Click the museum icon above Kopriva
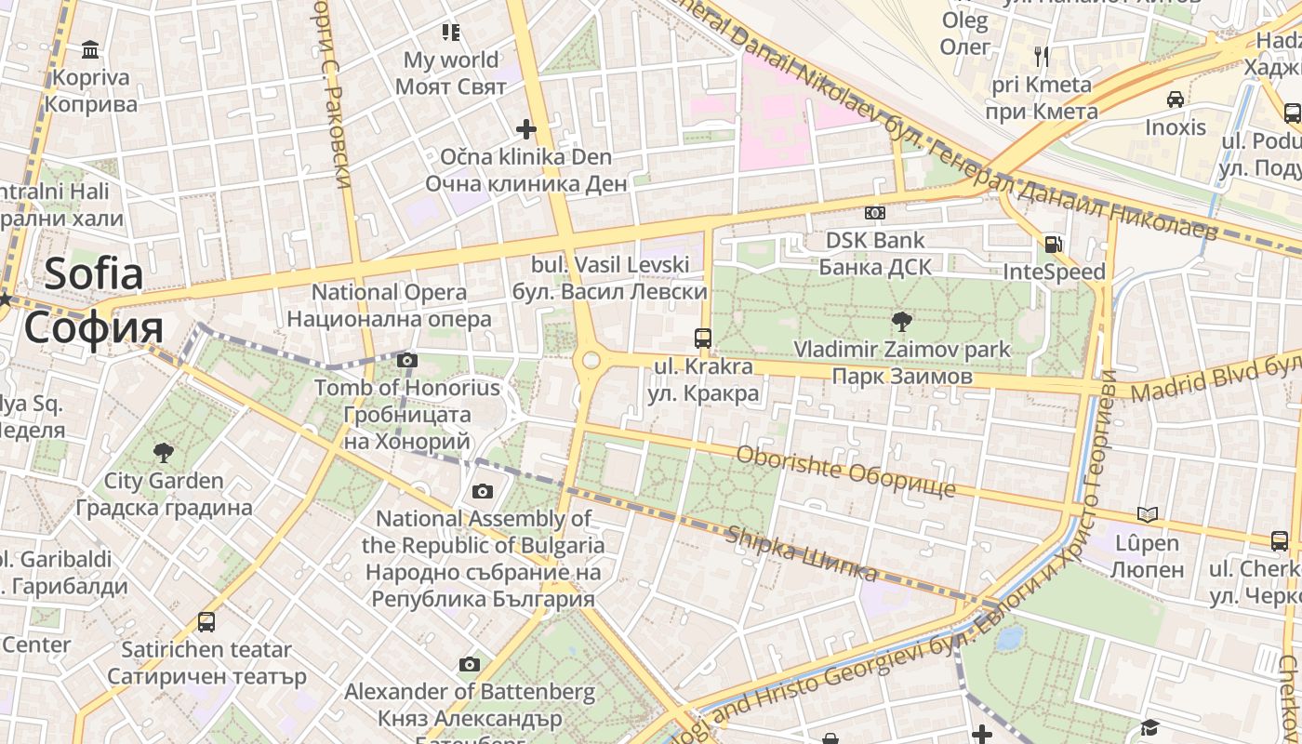point(90,48)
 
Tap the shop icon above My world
point(451,33)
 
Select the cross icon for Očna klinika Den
point(526,129)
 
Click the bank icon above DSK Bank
point(874,213)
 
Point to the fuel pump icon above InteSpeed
point(1054,245)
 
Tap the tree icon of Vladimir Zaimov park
point(901,322)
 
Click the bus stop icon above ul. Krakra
point(703,339)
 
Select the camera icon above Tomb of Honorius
point(406,360)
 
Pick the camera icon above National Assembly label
point(482,491)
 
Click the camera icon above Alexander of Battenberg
point(470,664)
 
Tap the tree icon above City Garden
point(164,453)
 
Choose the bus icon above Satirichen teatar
point(206,621)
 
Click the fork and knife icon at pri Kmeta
point(1042,57)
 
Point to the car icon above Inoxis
point(1176,100)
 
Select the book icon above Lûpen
point(1148,514)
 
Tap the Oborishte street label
point(845,472)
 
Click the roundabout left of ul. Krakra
point(589,360)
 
